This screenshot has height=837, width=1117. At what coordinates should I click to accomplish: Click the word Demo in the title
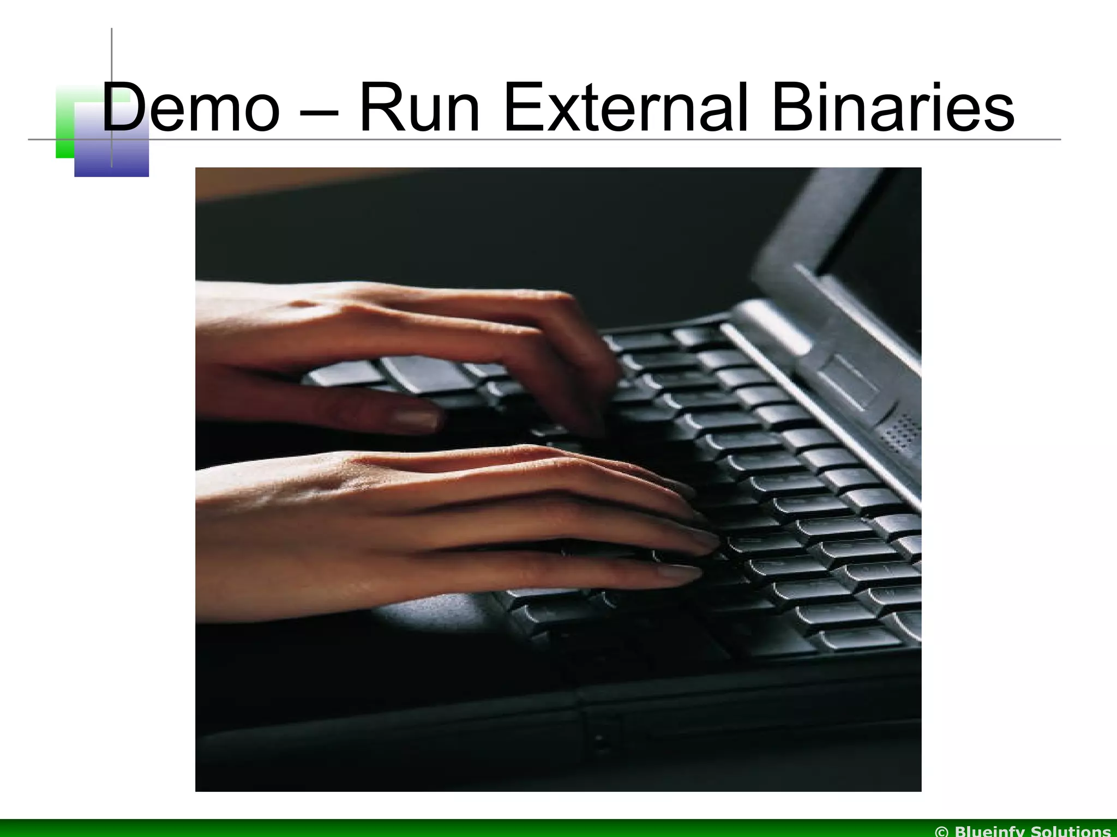tap(191, 107)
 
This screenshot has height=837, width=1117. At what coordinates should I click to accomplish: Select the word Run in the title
tap(419, 107)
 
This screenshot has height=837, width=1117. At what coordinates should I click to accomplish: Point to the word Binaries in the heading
tap(892, 107)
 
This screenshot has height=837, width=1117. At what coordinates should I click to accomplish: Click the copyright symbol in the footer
tap(942, 831)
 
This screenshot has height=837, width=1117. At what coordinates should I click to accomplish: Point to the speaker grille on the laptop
tap(900, 433)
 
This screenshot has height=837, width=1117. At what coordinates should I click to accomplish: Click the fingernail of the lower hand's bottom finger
tap(679, 572)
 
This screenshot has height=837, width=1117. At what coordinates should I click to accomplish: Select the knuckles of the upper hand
tap(545, 305)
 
